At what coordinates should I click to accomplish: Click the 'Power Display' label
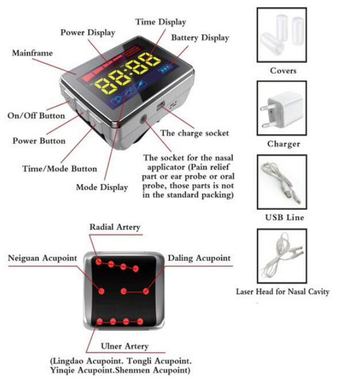pyautogui.click(x=88, y=32)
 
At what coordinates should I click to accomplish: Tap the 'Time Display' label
pyautogui.click(x=161, y=22)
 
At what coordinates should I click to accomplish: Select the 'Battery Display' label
pyautogui.click(x=200, y=38)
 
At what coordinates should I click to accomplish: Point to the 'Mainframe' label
pyautogui.click(x=32, y=53)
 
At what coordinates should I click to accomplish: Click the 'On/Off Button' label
pyautogui.click(x=36, y=115)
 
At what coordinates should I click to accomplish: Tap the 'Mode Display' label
pyautogui.click(x=102, y=187)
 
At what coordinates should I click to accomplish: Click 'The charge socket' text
pyautogui.click(x=194, y=133)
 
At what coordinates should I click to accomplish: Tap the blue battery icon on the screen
pyautogui.click(x=167, y=68)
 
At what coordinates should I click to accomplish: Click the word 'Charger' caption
pyautogui.click(x=283, y=144)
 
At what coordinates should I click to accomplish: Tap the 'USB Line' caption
pyautogui.click(x=283, y=217)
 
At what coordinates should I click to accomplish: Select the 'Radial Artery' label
pyautogui.click(x=115, y=227)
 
